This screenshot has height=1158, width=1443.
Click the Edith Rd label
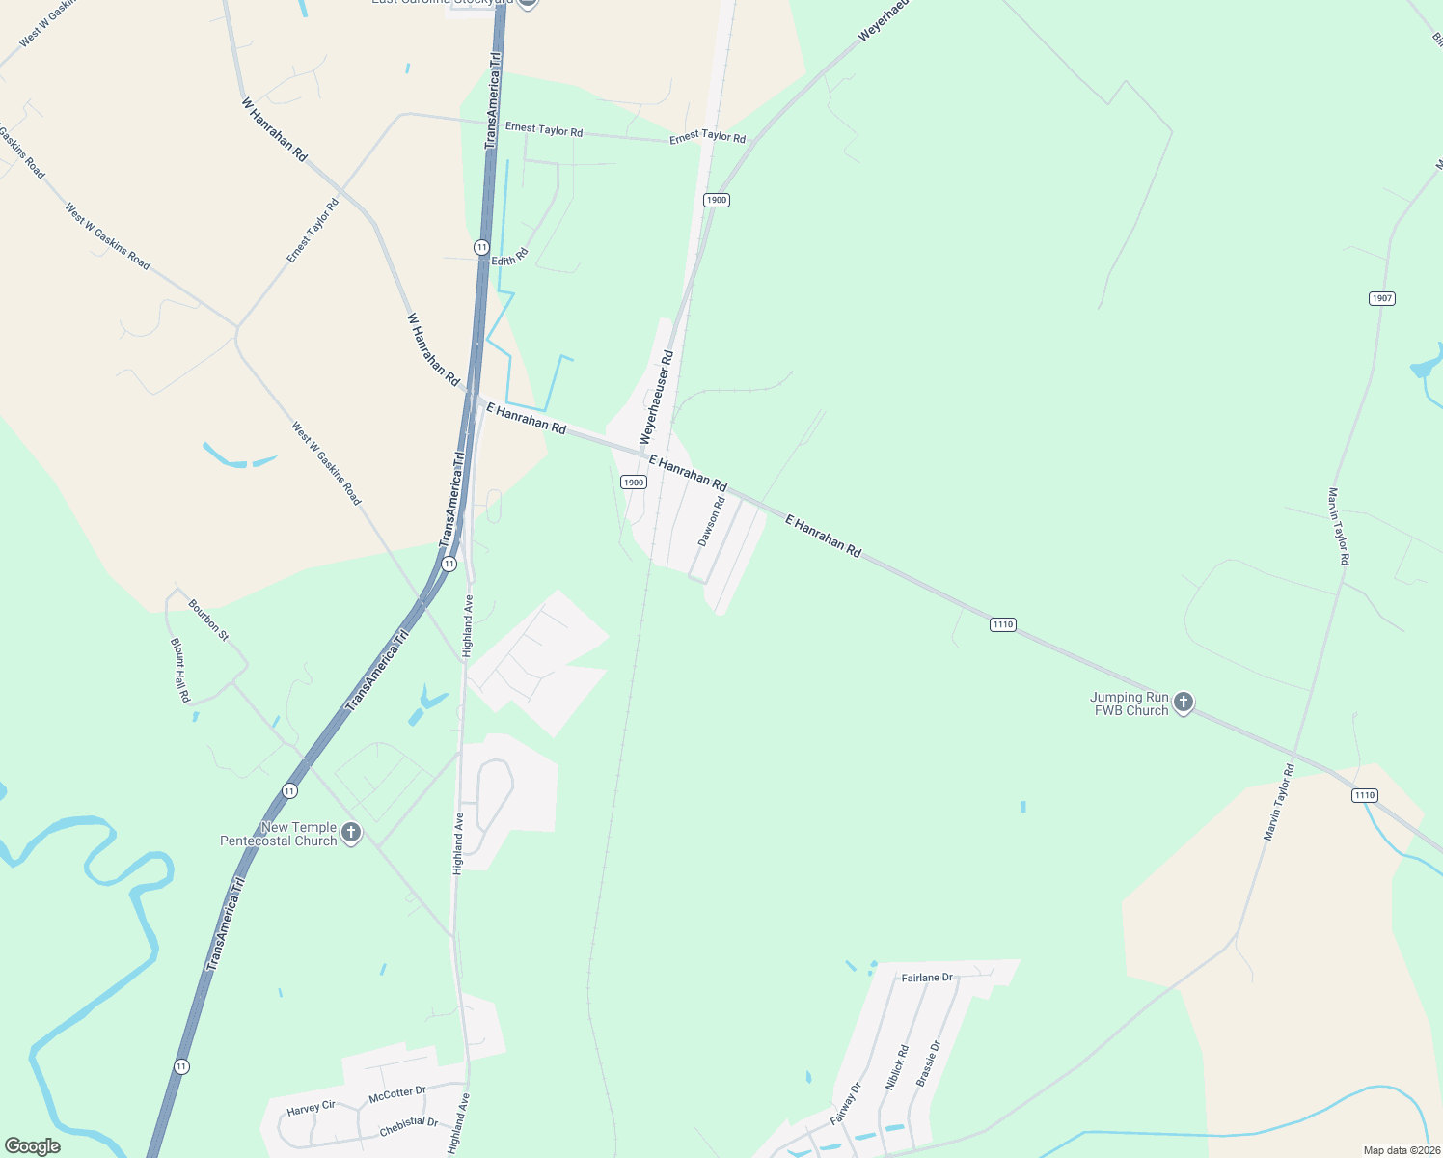point(510,258)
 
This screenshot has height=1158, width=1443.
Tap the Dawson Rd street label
point(711,523)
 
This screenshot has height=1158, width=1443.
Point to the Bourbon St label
point(208,620)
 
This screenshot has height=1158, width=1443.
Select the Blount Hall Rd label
point(180,670)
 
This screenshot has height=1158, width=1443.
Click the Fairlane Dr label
point(927,978)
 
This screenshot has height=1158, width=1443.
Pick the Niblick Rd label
point(896,1068)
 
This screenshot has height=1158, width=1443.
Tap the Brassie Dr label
point(927,1063)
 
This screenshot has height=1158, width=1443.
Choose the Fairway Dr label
point(846,1105)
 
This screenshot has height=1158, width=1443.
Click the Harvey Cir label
point(311,1109)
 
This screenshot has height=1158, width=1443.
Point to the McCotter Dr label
point(396,1095)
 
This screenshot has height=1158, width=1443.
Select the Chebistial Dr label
point(409,1126)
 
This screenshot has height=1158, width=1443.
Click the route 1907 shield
point(1382,298)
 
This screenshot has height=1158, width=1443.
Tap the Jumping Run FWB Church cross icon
point(1184,703)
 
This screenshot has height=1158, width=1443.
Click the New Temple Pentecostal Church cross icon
point(351,833)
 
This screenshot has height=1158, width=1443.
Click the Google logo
point(33,1145)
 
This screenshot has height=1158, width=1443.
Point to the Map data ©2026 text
point(1401,1150)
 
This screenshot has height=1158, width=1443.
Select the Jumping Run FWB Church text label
point(1130,703)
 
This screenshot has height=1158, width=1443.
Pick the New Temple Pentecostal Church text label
point(279,834)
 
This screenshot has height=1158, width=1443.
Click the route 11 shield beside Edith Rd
point(481,248)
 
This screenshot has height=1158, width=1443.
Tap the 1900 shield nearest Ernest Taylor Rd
point(716,200)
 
